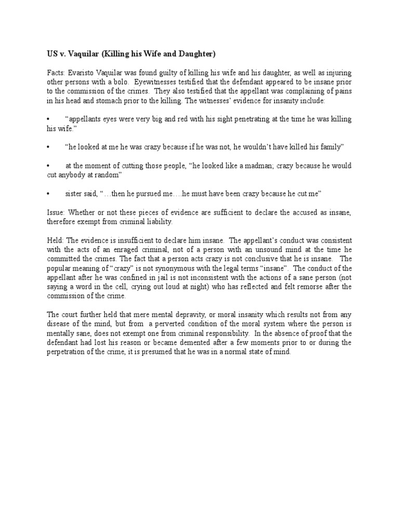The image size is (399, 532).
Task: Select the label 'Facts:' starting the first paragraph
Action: click(56, 74)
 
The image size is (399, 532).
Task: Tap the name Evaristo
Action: click(79, 74)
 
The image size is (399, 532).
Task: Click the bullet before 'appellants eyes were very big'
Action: click(48, 119)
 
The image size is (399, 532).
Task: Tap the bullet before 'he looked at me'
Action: click(48, 147)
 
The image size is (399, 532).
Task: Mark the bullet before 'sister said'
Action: click(48, 194)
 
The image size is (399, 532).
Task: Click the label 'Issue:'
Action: click(56, 212)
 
